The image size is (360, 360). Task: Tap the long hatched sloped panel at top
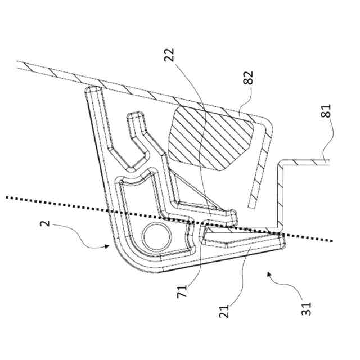(x=112, y=81)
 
